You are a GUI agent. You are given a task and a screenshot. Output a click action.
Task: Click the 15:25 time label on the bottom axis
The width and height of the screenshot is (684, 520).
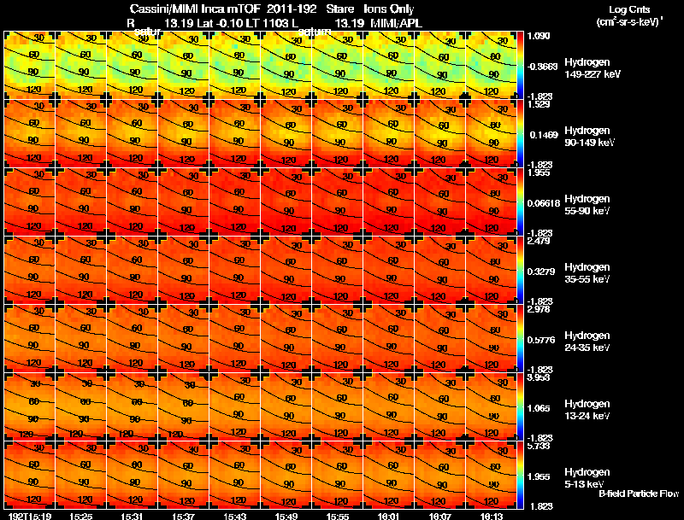(x=81, y=515)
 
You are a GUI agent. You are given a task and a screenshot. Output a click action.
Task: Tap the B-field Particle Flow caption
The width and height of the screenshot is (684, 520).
(x=638, y=494)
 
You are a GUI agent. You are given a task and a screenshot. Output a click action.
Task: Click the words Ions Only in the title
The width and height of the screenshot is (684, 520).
(x=389, y=9)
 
